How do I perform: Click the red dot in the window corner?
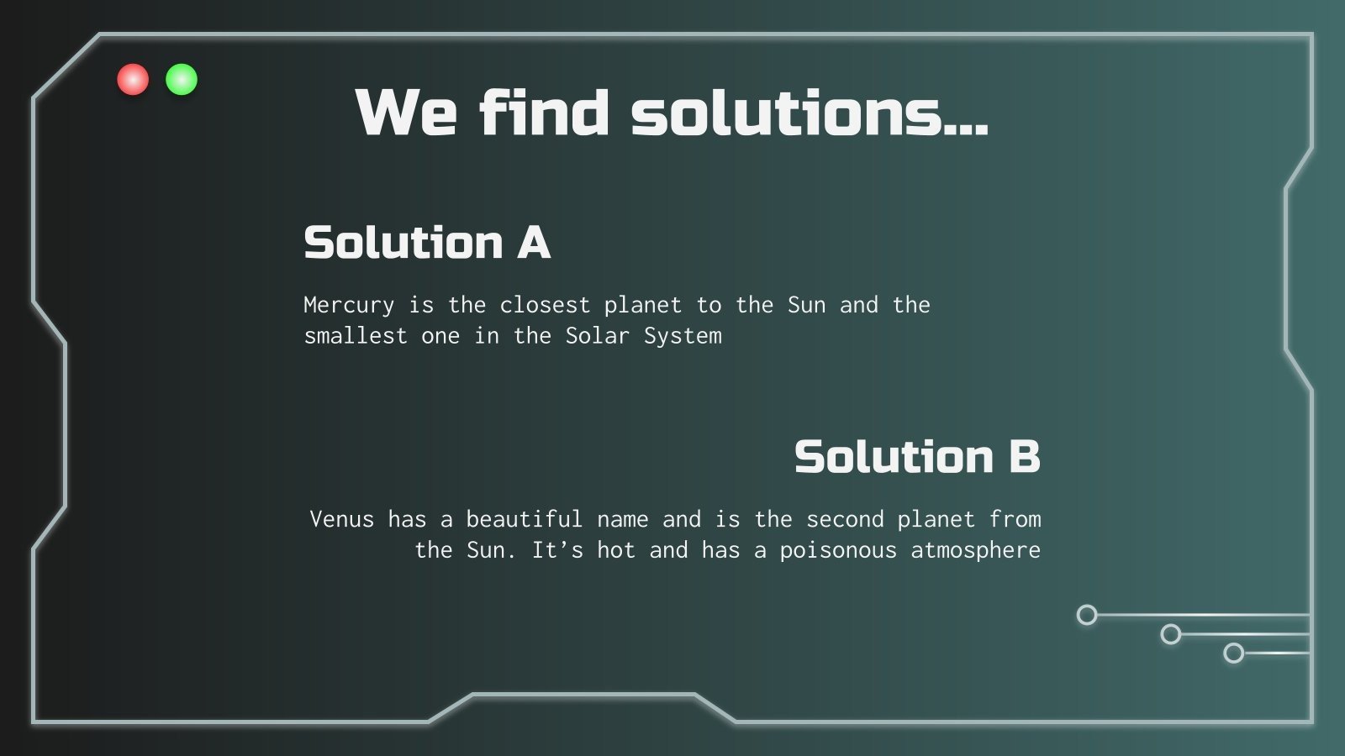(x=133, y=80)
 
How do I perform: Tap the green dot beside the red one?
(x=182, y=80)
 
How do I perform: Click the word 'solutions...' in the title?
(x=810, y=113)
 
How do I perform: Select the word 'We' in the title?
(x=406, y=113)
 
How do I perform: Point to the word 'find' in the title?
(x=544, y=113)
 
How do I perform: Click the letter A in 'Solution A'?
(x=534, y=243)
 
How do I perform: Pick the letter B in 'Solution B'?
(x=1024, y=457)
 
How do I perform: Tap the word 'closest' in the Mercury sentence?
(x=545, y=305)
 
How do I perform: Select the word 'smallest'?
(x=356, y=336)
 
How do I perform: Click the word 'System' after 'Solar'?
(x=683, y=336)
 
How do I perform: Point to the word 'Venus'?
(x=341, y=519)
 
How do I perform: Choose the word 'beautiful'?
(x=524, y=519)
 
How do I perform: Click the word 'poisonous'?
(x=838, y=550)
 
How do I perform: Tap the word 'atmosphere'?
(x=976, y=550)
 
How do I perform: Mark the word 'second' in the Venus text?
(x=845, y=519)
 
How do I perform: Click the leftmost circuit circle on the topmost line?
(x=1087, y=616)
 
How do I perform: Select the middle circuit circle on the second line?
(x=1171, y=634)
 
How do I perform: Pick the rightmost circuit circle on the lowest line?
(x=1233, y=653)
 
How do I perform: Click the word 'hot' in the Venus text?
(x=616, y=550)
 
